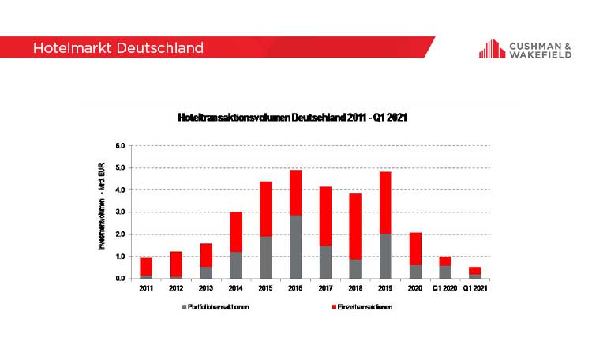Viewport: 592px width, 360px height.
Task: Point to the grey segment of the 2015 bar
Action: pyautogui.click(x=266, y=257)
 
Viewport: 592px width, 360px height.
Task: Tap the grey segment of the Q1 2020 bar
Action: pyautogui.click(x=445, y=272)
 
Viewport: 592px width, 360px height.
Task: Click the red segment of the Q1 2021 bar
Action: pyautogui.click(x=474, y=270)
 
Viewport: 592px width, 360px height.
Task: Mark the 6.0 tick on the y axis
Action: pyautogui.click(x=121, y=146)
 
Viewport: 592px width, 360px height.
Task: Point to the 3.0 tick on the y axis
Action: pyautogui.click(x=121, y=212)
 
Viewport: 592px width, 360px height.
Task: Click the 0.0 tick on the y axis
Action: pyautogui.click(x=121, y=279)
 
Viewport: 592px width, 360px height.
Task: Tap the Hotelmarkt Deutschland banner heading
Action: pyautogui.click(x=118, y=48)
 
